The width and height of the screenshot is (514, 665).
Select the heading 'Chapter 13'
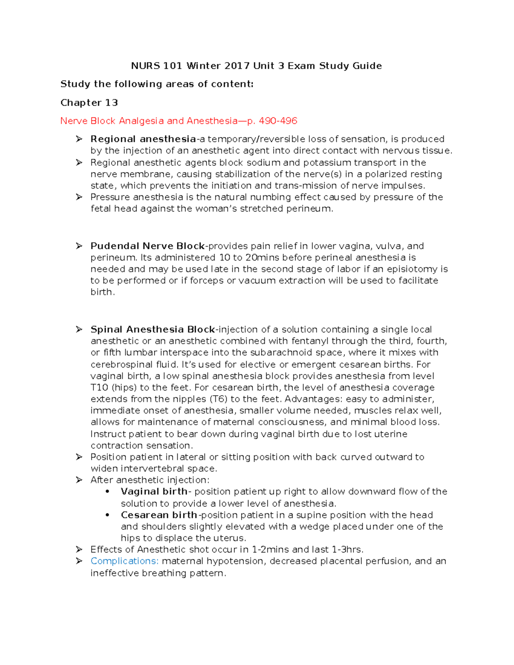(89, 103)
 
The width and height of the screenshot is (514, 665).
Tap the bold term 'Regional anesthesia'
(143, 139)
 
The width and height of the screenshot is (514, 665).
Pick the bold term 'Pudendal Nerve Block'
(147, 246)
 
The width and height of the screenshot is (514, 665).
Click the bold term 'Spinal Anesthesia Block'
(152, 330)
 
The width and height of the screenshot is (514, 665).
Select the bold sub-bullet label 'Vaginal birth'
(154, 492)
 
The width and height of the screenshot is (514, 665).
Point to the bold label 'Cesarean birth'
(159, 515)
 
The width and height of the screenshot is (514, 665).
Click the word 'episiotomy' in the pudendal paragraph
(413, 269)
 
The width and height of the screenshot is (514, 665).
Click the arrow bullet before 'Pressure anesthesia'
(79, 197)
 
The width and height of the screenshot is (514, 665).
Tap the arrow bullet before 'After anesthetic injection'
(79, 480)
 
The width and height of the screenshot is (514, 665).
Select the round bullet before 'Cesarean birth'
(108, 515)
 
